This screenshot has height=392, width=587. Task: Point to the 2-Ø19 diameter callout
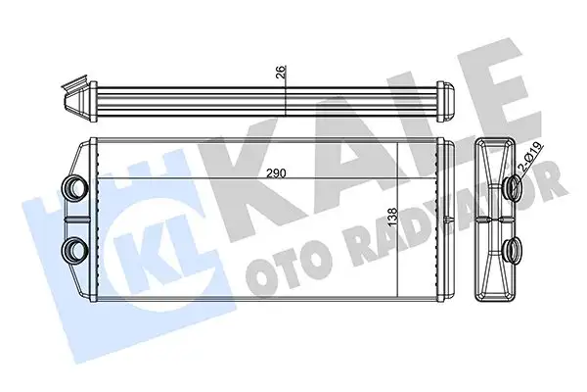click(530, 163)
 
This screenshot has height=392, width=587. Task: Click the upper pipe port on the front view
click(73, 186)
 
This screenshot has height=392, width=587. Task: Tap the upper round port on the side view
click(513, 189)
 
